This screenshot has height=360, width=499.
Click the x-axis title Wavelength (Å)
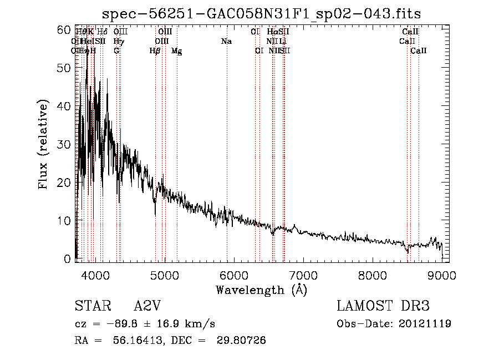pos(261,290)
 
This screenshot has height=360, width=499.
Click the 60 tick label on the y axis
pos(64,29)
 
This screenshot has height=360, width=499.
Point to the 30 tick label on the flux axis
pos(64,144)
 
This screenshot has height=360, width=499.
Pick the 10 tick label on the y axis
pos(64,220)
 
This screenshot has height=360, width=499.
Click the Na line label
pos(226,42)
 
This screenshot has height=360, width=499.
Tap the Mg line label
pos(177,51)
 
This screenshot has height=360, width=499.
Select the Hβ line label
pos(155,51)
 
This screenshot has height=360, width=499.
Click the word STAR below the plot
pos(92,307)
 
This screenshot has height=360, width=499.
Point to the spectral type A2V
pos(147,307)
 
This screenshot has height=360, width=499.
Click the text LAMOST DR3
pos(383,307)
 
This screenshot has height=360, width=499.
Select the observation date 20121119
pos(426,324)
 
